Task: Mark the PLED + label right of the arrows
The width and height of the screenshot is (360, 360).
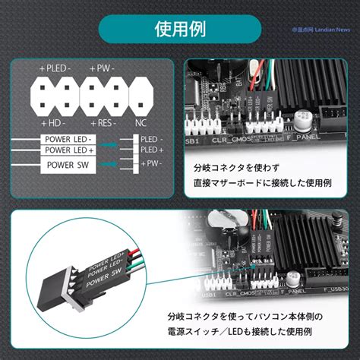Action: click(x=150, y=150)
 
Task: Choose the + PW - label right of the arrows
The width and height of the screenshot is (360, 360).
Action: click(x=150, y=163)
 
